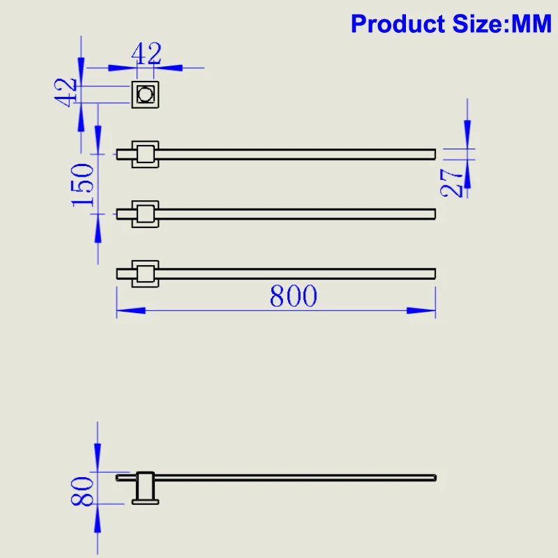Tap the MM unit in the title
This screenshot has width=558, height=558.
[x=532, y=24]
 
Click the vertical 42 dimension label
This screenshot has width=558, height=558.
[x=66, y=92]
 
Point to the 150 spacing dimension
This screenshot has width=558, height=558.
[x=83, y=183]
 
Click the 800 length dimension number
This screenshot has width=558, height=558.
[x=294, y=296]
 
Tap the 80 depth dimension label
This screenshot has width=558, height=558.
[x=83, y=491]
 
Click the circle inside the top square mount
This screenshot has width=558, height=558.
[x=146, y=93]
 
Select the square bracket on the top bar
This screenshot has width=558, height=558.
[x=145, y=153]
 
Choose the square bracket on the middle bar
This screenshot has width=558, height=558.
[x=145, y=213]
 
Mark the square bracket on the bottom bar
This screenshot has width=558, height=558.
[x=145, y=273]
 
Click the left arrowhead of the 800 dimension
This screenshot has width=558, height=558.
[x=130, y=310]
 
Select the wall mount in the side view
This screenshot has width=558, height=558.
[x=145, y=488]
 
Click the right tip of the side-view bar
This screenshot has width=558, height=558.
[x=435, y=478]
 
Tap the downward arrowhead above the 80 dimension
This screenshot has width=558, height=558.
[x=98, y=457]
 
